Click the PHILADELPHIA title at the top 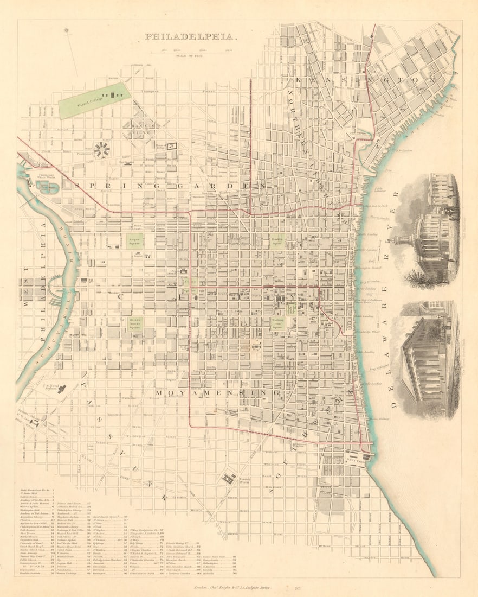[189, 37]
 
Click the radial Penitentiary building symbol [101, 149]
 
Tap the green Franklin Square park [277, 240]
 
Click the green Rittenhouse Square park [135, 324]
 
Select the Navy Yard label [354, 459]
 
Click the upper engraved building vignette [429, 228]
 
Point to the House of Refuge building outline [172, 145]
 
